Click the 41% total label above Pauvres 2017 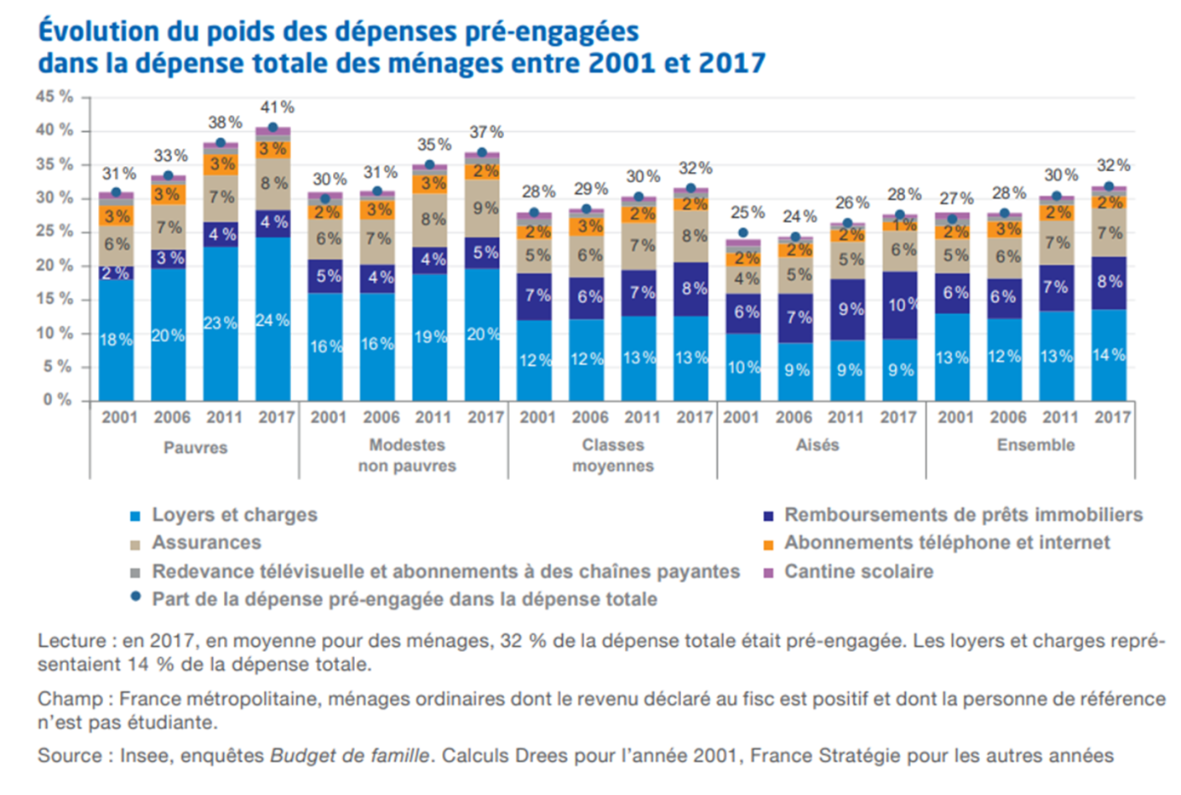278,107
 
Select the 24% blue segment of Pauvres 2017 272,320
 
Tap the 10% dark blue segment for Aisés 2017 901,304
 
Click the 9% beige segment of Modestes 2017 484,208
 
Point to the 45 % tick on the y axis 54,97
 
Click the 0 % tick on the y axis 58,400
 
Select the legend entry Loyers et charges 234,515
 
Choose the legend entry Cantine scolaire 858,571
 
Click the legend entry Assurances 206,543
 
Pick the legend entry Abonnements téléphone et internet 947,543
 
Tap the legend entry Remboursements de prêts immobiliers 963,515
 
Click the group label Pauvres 196,448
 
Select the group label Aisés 817,445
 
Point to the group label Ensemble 1035,445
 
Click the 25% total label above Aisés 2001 748,212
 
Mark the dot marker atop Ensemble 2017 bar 1109,186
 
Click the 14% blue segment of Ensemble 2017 1109,355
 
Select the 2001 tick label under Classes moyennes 537,417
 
